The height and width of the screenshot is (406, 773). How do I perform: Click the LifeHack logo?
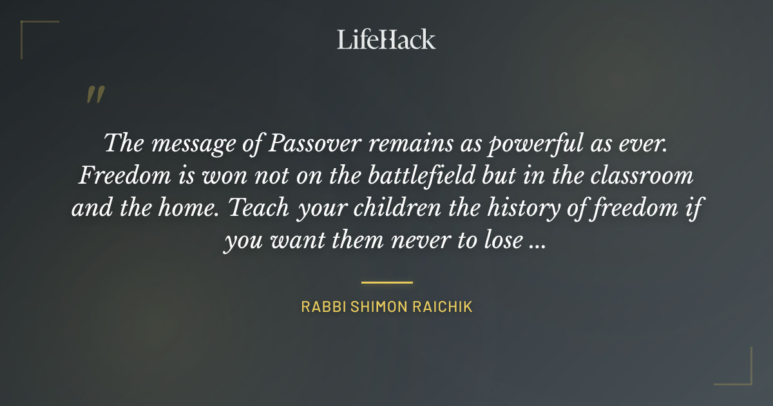coord(386,39)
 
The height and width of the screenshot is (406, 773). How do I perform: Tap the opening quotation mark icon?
coord(95,95)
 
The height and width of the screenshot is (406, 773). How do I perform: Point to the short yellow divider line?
coord(386,282)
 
